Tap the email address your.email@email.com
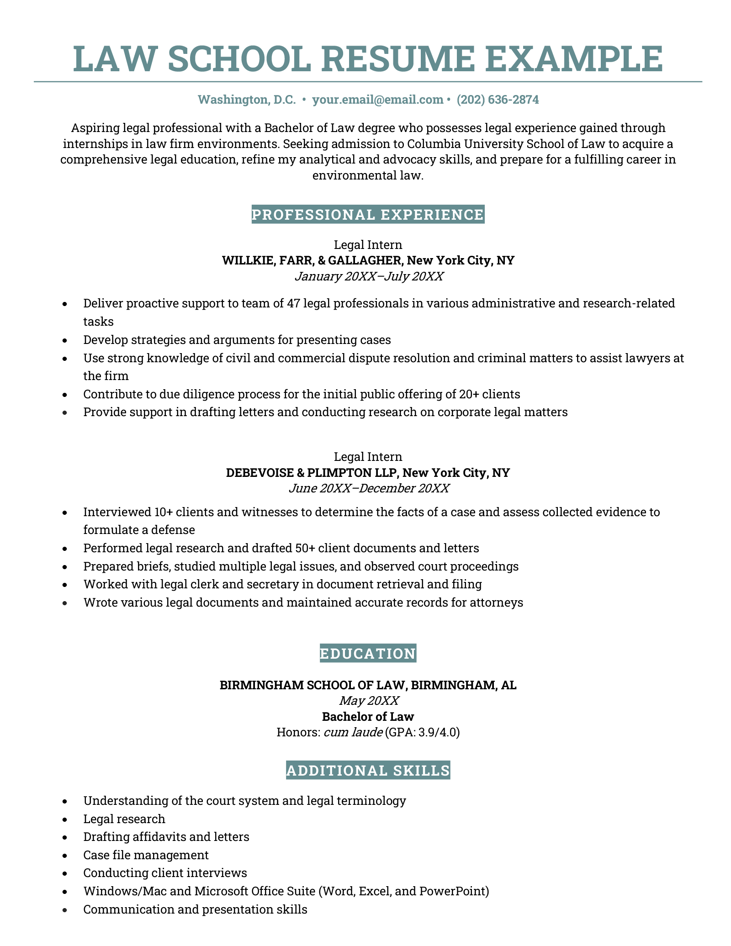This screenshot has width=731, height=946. pos(377,100)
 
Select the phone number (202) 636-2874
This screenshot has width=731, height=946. pos(498,100)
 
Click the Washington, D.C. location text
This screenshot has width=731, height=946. pos(247,100)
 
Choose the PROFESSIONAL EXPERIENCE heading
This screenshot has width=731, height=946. pos(368,214)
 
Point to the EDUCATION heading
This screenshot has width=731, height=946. pos(368,654)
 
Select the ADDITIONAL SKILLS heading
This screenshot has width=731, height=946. pos(368,771)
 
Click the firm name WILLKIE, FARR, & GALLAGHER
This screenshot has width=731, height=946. pos(311,260)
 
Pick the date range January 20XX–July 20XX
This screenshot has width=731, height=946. pos(368,276)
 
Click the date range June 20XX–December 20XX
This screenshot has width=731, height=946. pos(368,488)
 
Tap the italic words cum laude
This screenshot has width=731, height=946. pos(353,732)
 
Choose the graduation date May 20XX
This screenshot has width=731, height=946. pos(368,700)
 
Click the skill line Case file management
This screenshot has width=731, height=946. pos(146,855)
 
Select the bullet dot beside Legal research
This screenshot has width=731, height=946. pos(66,819)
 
